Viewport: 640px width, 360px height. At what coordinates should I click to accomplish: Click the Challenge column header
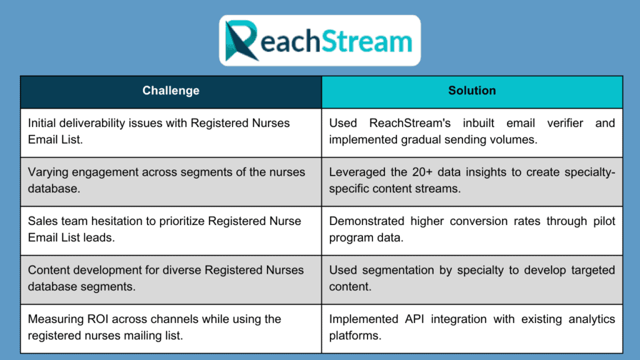tap(171, 91)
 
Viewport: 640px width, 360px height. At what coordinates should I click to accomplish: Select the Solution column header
tap(472, 91)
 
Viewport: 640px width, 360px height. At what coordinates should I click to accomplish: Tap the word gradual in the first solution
tap(413, 139)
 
